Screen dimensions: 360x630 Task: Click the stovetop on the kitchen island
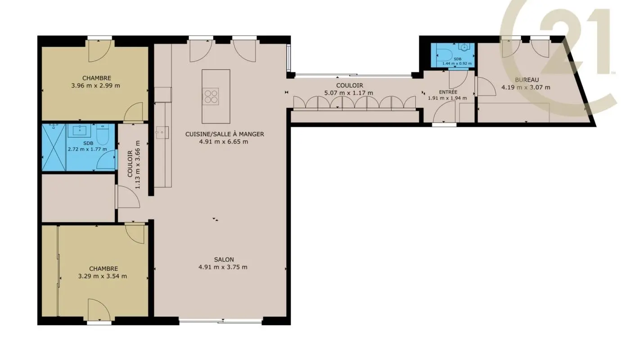211,96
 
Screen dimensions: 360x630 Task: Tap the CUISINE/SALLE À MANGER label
225,134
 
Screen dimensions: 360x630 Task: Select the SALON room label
224,259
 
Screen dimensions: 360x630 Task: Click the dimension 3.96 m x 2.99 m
96,85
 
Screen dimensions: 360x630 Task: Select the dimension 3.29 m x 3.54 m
102,276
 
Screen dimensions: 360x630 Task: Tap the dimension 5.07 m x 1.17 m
349,93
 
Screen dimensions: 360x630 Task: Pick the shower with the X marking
54,148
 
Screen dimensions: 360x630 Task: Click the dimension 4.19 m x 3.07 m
526,87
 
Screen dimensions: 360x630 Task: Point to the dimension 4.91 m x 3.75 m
223,267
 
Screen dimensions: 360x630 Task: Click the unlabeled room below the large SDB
78,198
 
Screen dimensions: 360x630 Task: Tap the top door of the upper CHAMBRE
99,51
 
